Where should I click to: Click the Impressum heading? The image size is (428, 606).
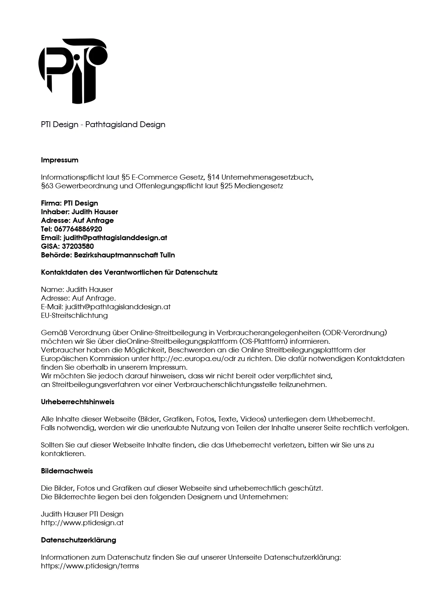(x=60, y=160)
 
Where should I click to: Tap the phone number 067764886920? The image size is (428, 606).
(x=78, y=229)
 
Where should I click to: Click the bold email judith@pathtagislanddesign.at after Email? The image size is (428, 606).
(x=115, y=238)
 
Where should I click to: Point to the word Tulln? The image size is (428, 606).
(x=167, y=255)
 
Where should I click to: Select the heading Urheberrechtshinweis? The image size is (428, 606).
(x=78, y=402)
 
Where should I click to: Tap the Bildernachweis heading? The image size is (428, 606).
(x=67, y=471)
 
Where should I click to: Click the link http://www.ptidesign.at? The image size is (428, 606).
(x=82, y=523)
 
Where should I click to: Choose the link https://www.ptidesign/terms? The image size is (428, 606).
(x=90, y=566)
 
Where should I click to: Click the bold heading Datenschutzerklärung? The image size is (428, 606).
(x=78, y=540)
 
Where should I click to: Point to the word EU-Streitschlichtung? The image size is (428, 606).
(x=74, y=315)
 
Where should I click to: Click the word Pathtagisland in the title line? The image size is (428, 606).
(x=107, y=124)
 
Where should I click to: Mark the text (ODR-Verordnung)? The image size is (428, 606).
(x=354, y=333)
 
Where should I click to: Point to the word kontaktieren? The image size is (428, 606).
(x=63, y=454)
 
